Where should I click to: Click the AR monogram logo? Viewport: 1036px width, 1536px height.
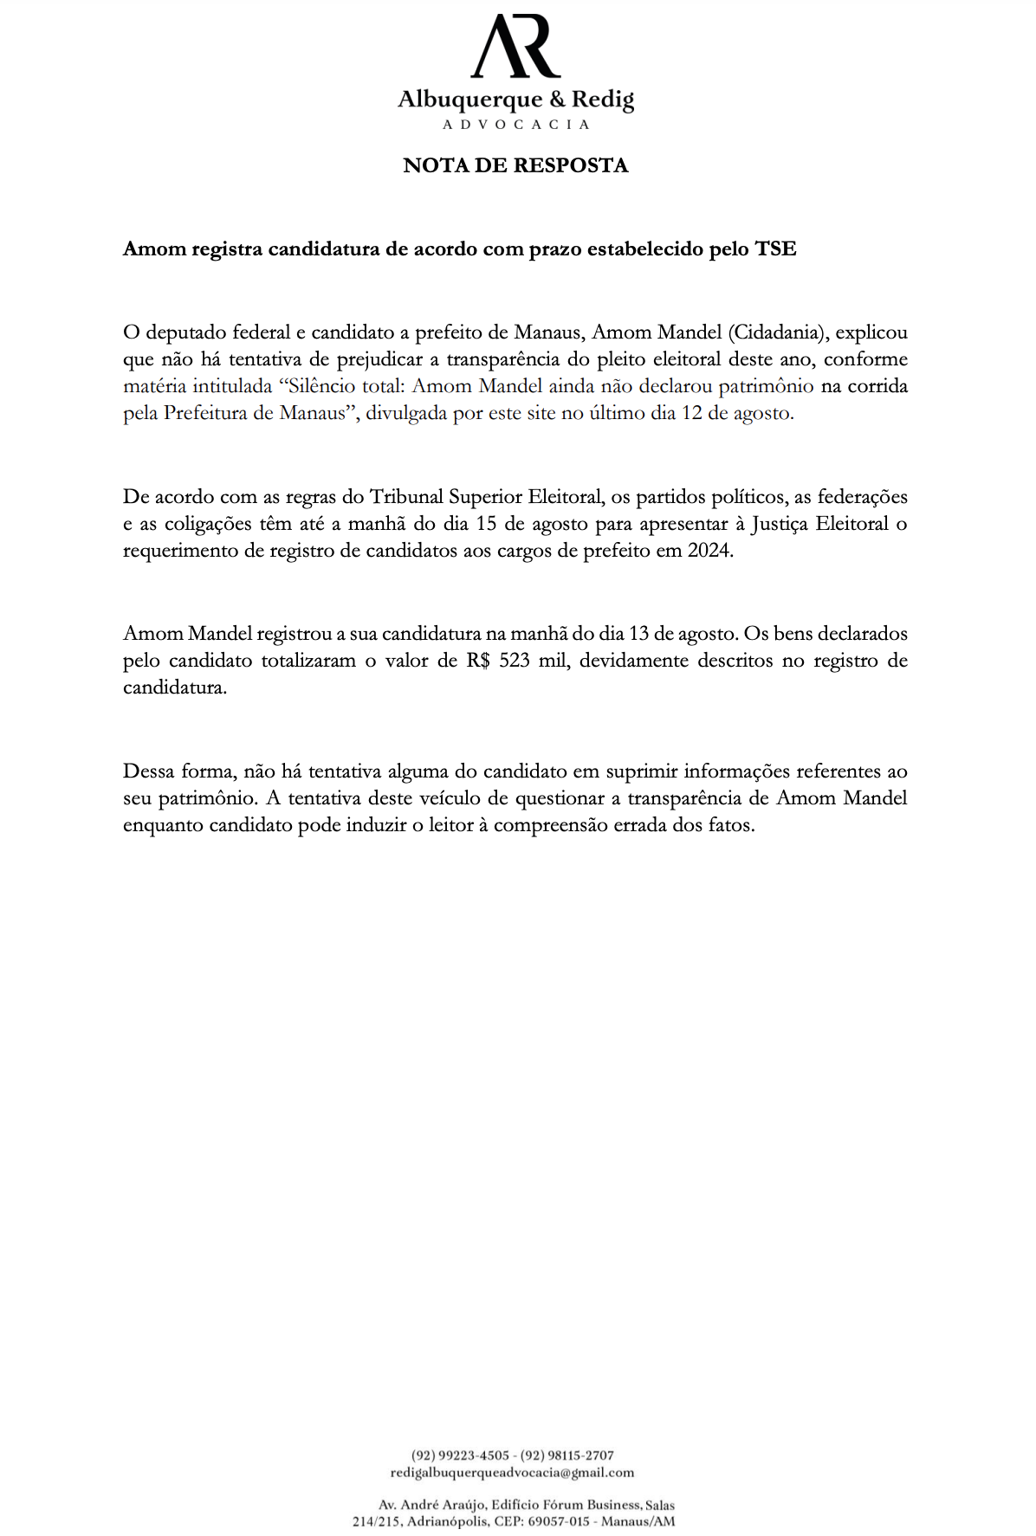[x=516, y=47]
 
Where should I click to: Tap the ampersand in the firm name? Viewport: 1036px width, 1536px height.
[x=556, y=100]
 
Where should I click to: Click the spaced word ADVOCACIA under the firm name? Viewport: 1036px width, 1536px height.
[x=516, y=125]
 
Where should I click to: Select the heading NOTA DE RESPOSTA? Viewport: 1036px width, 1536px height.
[x=515, y=165]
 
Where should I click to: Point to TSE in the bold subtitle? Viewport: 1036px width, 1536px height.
[x=775, y=249]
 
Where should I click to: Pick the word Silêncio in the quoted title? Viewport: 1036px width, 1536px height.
[x=327, y=386]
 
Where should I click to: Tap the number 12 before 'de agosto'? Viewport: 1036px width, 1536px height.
[x=692, y=413]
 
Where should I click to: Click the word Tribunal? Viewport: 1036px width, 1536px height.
[x=406, y=497]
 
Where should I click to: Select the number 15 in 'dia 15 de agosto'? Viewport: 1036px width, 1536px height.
[x=488, y=524]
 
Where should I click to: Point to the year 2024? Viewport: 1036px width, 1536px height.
[x=708, y=551]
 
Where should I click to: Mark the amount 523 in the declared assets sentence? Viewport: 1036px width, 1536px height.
[x=515, y=661]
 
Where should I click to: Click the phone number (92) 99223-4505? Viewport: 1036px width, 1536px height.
[x=460, y=1455]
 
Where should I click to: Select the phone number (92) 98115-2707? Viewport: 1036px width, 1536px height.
[x=567, y=1455]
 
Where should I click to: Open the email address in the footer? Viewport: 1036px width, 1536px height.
[x=512, y=1472]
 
